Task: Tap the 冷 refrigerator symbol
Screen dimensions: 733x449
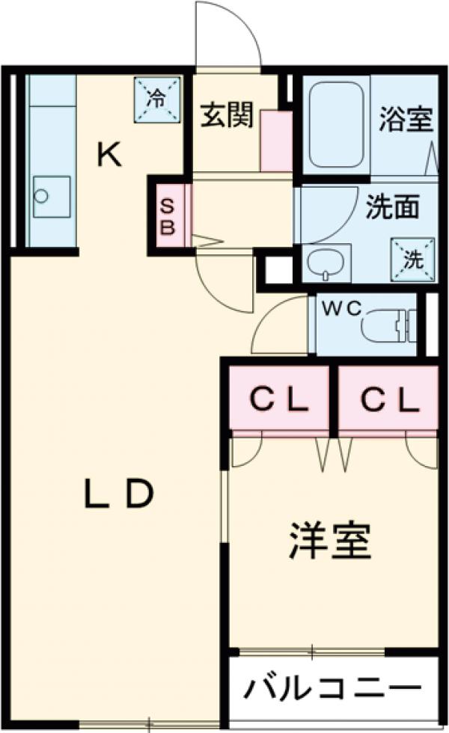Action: tap(158, 98)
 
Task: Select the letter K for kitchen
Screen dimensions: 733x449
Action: tap(109, 155)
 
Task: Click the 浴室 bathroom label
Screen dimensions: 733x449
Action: tap(405, 120)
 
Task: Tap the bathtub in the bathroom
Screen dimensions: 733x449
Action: tap(336, 124)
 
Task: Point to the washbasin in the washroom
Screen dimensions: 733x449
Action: tap(326, 263)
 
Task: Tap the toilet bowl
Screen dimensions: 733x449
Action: tap(379, 328)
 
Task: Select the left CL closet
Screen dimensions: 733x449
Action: tap(278, 402)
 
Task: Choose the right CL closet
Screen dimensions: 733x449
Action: tap(388, 402)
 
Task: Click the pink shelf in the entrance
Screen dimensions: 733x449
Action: tap(276, 141)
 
